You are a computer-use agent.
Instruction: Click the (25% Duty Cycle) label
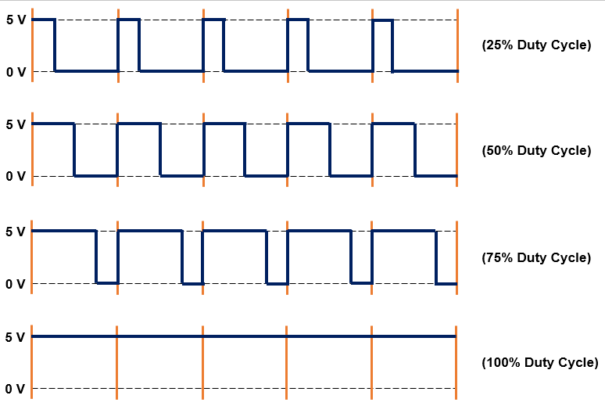click(536, 45)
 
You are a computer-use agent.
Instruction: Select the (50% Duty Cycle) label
click(536, 150)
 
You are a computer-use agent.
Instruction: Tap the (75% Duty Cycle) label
click(536, 257)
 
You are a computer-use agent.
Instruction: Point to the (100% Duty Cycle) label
click(540, 362)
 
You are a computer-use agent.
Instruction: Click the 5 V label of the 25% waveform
click(16, 20)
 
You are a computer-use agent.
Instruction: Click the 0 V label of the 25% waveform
click(16, 72)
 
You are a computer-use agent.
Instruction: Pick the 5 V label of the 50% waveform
click(16, 124)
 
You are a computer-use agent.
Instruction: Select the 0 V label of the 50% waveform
click(16, 176)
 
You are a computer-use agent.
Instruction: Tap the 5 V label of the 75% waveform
click(16, 232)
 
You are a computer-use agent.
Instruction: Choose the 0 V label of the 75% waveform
click(16, 283)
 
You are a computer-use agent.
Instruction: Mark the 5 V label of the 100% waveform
click(16, 336)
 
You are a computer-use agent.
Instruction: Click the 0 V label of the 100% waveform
click(16, 389)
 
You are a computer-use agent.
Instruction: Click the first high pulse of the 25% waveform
click(44, 20)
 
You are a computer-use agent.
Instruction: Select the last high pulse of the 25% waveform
click(382, 20)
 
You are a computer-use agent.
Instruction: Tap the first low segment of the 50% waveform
click(95, 176)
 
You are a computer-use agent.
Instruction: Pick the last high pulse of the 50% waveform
click(392, 124)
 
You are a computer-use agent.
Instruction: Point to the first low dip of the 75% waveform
click(106, 282)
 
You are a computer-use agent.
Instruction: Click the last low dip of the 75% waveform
click(446, 282)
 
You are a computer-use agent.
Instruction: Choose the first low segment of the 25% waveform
click(86, 71)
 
